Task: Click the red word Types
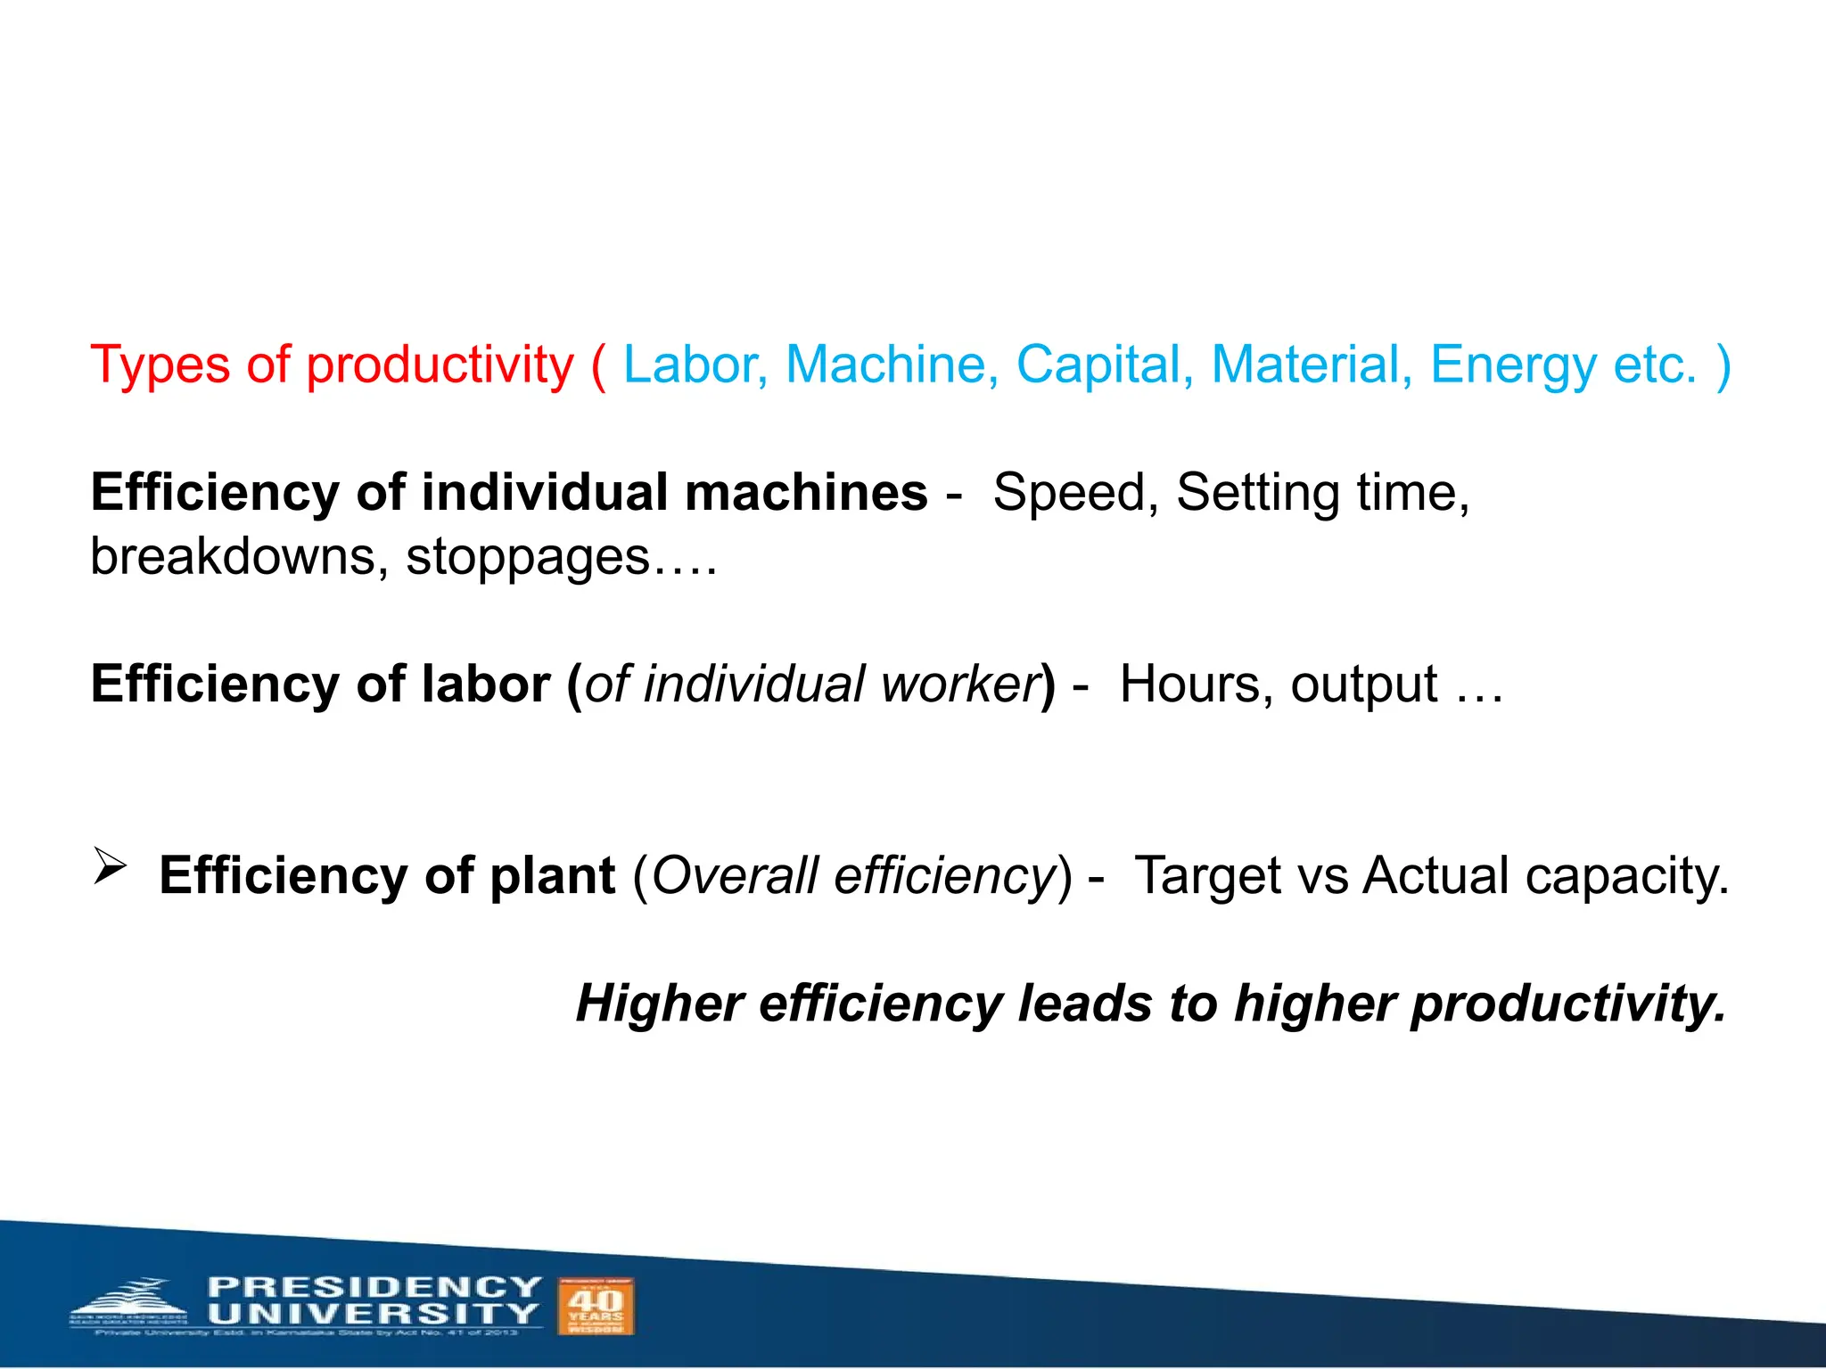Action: point(160,365)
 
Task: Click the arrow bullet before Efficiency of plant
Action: point(111,866)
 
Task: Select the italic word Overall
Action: point(735,875)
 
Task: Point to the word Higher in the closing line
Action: point(660,1004)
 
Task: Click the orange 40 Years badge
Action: point(596,1306)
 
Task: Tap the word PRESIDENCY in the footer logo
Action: point(374,1287)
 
